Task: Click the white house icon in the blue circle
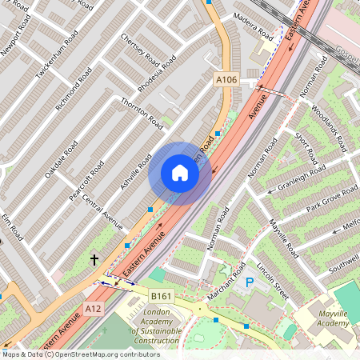coord(180,173)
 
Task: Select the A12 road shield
coord(94,307)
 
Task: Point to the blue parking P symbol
coord(249,282)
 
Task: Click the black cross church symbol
coord(94,259)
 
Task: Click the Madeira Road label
coord(253,26)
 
